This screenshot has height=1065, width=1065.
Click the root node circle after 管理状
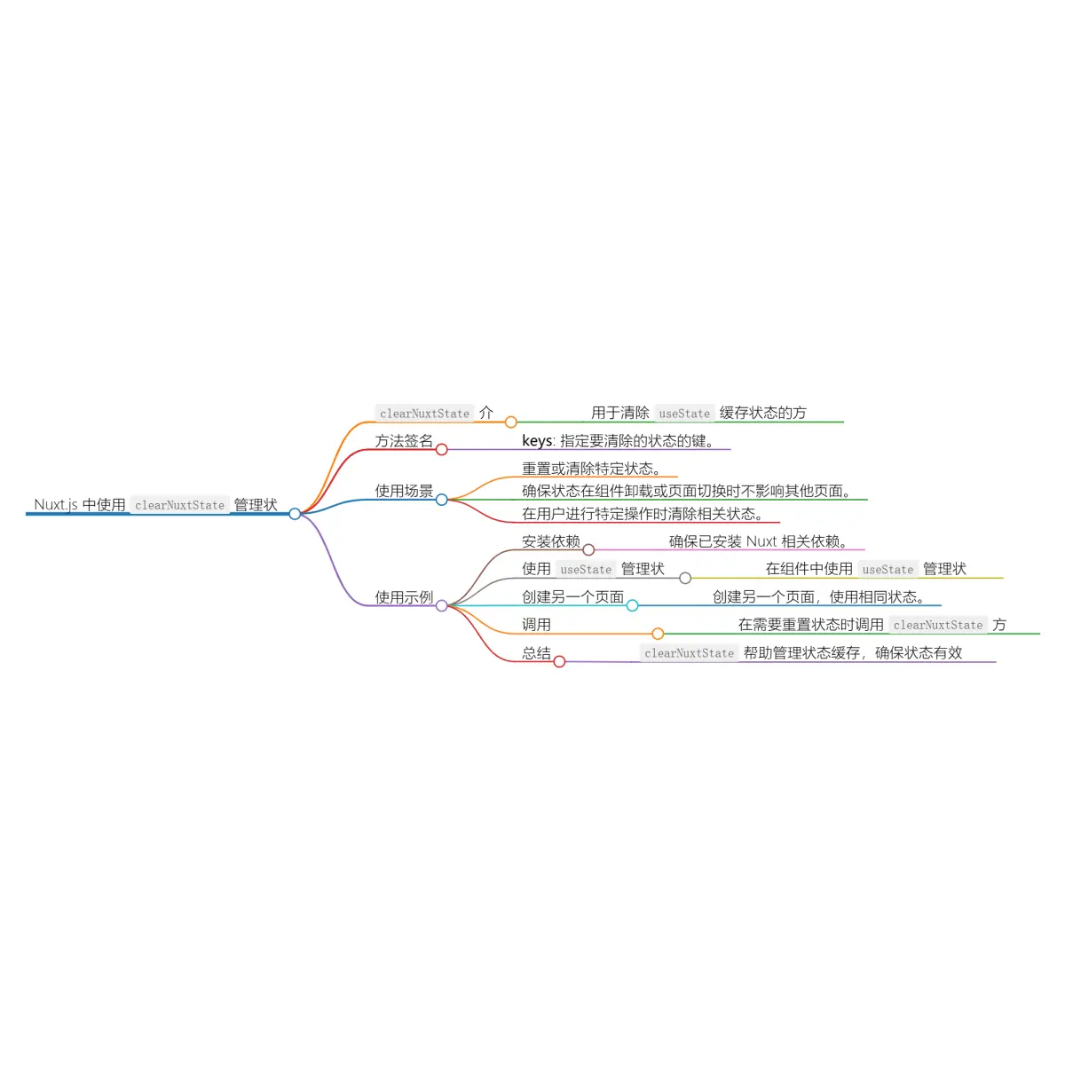(295, 514)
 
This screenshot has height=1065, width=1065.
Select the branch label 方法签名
(404, 441)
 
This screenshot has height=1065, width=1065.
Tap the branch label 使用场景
(404, 491)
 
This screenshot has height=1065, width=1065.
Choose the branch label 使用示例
(404, 597)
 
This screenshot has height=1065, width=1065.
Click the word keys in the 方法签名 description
(537, 441)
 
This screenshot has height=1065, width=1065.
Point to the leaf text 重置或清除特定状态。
(591, 469)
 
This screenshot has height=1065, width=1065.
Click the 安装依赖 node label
(550, 541)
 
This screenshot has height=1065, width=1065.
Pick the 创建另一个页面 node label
(572, 597)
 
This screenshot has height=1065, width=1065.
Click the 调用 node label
(536, 625)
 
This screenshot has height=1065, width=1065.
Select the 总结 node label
(536, 653)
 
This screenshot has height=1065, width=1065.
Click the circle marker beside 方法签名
(441, 450)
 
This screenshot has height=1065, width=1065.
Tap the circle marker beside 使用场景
(441, 500)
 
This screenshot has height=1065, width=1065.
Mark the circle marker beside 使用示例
(441, 605)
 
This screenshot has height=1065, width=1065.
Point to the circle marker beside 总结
(559, 661)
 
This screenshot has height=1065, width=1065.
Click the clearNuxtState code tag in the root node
(180, 505)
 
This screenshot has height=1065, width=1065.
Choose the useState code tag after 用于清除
(684, 414)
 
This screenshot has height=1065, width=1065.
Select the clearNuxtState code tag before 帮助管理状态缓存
(690, 653)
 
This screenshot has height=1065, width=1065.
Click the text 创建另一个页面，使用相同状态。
(818, 597)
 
